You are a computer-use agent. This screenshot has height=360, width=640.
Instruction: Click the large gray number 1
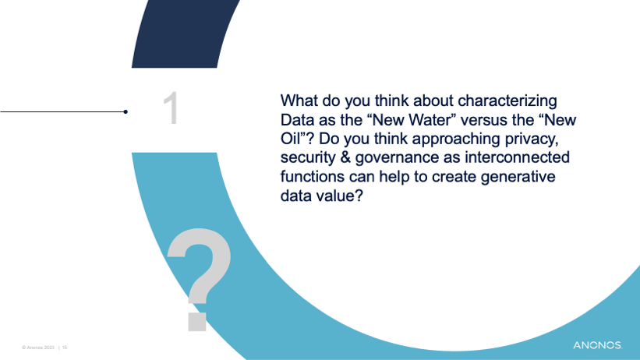(x=171, y=108)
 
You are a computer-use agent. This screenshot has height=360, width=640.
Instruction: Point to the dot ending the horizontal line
(x=126, y=111)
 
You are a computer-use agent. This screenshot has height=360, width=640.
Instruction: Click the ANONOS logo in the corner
(x=598, y=345)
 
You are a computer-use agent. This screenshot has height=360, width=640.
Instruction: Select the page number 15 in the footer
(x=65, y=348)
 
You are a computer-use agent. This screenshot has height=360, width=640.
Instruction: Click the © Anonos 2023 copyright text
(x=38, y=348)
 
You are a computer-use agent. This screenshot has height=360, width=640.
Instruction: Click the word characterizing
(x=507, y=101)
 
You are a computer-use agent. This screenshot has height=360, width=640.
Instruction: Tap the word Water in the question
(x=437, y=120)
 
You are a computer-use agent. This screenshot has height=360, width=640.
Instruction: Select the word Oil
(x=291, y=139)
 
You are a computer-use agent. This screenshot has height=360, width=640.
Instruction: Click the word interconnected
(x=517, y=157)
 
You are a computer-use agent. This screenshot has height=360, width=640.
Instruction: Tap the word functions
(x=313, y=176)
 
